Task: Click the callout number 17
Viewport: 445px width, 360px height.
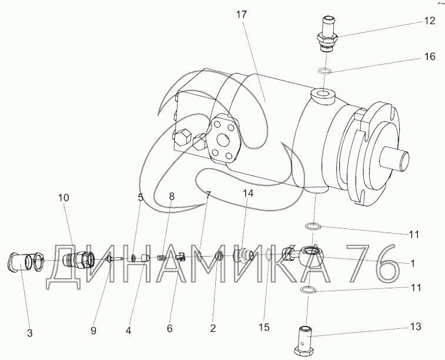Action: pyautogui.click(x=242, y=15)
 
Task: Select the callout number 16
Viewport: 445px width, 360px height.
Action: pyautogui.click(x=430, y=56)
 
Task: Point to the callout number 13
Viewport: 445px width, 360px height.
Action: pyautogui.click(x=416, y=327)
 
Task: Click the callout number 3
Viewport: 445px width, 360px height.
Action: pyautogui.click(x=30, y=333)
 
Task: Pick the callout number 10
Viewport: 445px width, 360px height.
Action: pyautogui.click(x=63, y=197)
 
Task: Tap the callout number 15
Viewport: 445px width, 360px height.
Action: pyautogui.click(x=264, y=327)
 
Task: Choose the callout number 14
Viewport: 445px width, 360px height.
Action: pyautogui.click(x=247, y=193)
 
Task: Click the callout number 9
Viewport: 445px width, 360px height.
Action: pyautogui.click(x=93, y=331)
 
